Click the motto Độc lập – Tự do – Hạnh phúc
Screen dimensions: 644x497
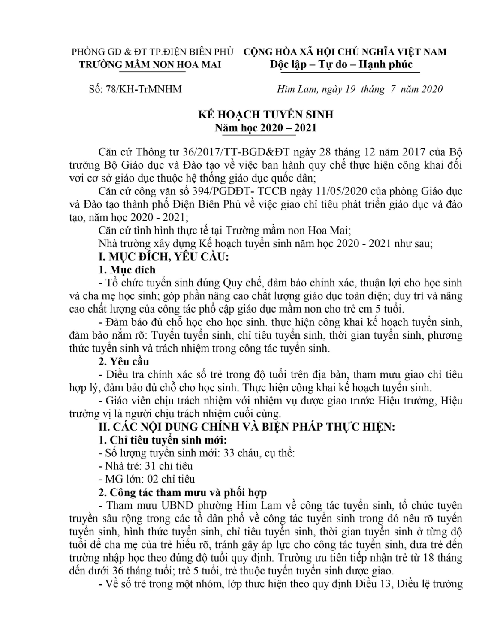(x=341, y=64)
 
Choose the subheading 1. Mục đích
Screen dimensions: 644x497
(x=127, y=270)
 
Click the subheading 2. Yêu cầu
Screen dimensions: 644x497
(x=124, y=361)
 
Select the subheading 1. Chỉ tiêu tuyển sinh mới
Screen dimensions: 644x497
(x=163, y=440)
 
